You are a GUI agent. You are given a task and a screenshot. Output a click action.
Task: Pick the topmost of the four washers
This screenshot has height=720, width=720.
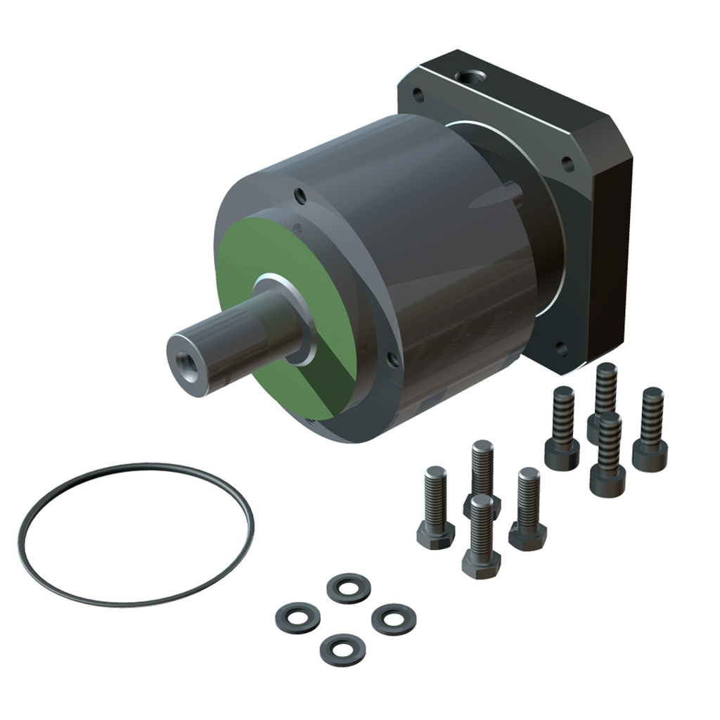[x=349, y=588]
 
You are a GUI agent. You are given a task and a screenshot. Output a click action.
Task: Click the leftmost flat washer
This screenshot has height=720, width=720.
[x=297, y=617]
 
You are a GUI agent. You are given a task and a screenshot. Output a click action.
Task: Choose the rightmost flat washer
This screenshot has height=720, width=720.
[x=393, y=619]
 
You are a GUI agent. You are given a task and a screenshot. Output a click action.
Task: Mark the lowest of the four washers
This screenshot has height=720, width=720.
[x=342, y=649]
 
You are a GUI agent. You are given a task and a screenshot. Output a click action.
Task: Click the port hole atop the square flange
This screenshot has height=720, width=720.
[x=466, y=76]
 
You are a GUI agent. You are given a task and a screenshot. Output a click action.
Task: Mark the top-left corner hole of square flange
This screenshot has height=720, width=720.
[x=418, y=94]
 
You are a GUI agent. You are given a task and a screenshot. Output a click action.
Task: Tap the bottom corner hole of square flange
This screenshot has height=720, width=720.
[x=560, y=347]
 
